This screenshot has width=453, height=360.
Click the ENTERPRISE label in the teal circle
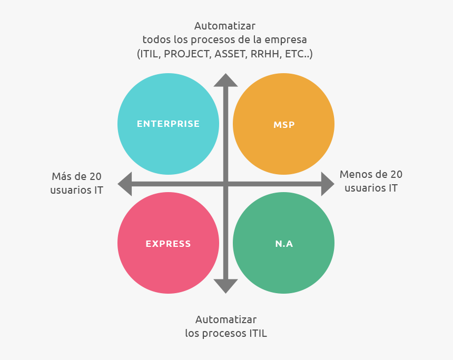168,124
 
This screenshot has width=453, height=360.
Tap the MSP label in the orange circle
284,125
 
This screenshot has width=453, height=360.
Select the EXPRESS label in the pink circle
168,244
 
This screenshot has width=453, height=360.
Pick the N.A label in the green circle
284,244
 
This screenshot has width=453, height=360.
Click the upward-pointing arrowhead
225,80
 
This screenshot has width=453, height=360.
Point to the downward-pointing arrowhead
225,286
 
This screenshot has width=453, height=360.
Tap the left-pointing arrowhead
125,184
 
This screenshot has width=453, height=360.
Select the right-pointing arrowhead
327,184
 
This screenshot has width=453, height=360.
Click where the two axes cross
225,184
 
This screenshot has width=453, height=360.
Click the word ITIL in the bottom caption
255,333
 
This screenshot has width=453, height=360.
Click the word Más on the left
62,176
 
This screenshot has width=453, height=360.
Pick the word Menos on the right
356,174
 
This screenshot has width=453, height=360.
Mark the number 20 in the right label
396,174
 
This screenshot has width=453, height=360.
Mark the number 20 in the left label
95,176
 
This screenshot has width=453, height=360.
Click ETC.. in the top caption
299,54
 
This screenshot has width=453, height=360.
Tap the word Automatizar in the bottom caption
225,319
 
